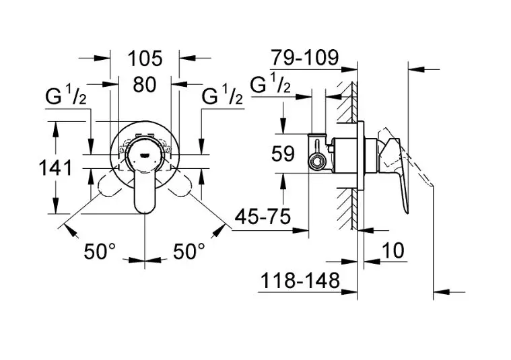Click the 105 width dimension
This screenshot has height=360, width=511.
click(145, 59)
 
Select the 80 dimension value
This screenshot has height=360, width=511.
click(145, 85)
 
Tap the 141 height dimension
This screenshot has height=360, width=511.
click(55, 168)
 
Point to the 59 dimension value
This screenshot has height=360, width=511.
click(283, 154)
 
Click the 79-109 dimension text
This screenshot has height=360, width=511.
click(305, 58)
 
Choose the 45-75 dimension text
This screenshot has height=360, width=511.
click(263, 216)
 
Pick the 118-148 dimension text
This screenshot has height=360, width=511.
click(300, 281)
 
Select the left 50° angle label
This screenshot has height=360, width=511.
click(100, 252)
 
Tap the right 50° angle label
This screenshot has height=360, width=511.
click(189, 252)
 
